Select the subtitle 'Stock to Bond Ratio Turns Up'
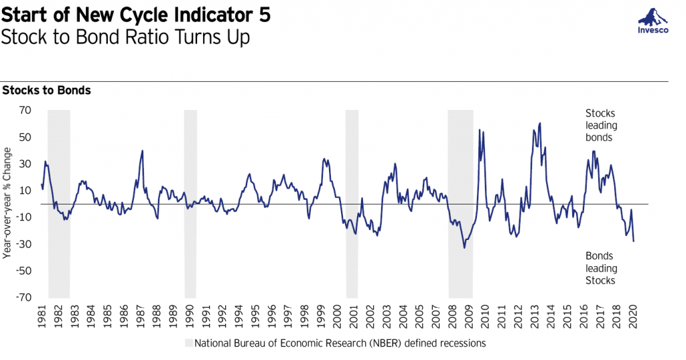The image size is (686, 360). [x=125, y=38]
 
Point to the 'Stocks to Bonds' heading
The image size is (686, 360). [x=47, y=91]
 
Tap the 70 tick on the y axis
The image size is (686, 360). [x=25, y=110]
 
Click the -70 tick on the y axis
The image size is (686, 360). [x=23, y=297]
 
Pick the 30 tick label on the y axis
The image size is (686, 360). [x=25, y=164]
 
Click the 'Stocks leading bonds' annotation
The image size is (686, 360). [x=600, y=125]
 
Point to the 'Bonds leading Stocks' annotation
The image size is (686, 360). [x=600, y=268]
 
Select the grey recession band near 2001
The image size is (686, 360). [x=352, y=203]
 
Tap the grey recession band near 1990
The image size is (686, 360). [x=190, y=203]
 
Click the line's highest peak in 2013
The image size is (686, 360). [x=540, y=123]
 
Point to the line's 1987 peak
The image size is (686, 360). [x=142, y=150]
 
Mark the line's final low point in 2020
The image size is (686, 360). [x=634, y=241]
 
